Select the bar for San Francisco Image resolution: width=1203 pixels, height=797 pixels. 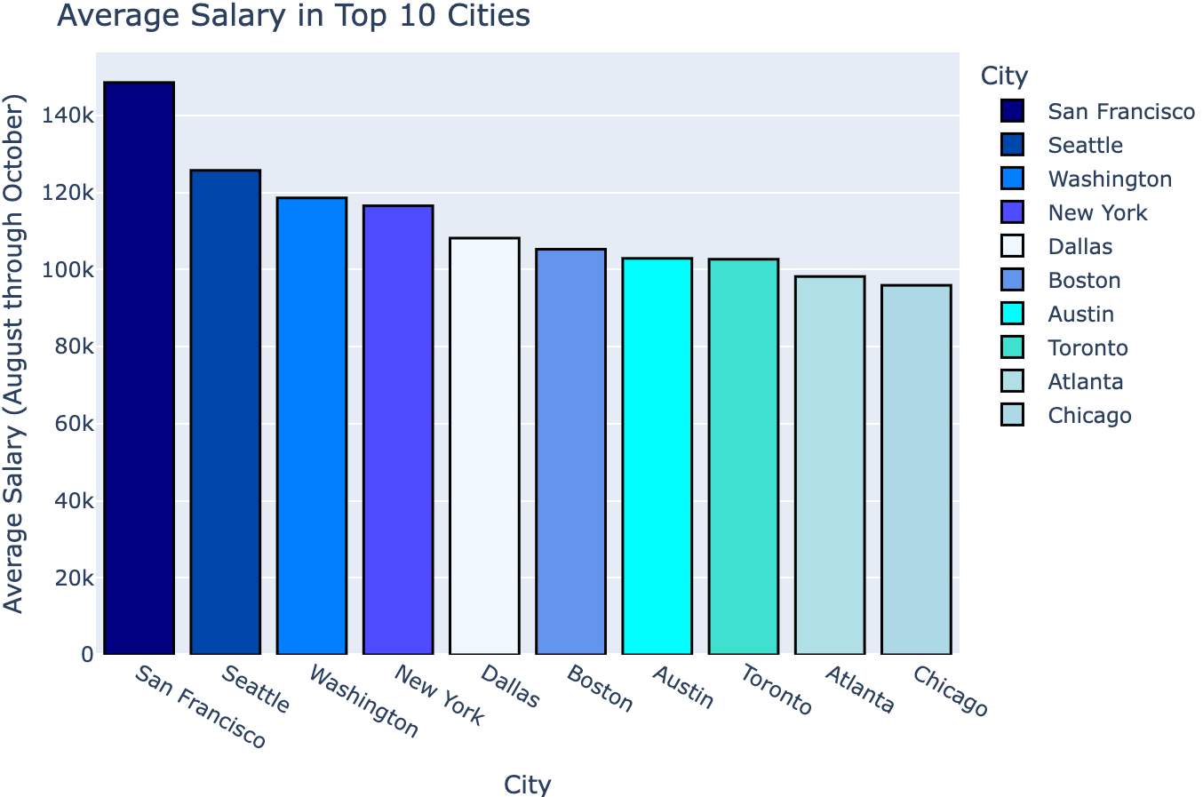[x=139, y=368]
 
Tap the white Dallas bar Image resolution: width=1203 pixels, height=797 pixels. [x=484, y=446]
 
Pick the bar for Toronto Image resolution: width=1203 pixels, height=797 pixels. [x=743, y=457]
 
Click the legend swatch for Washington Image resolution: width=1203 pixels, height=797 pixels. [x=1012, y=179]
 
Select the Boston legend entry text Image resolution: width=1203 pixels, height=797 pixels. [x=1084, y=281]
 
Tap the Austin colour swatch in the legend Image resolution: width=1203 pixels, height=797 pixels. [x=1012, y=314]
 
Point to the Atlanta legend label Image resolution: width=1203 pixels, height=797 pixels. [x=1085, y=382]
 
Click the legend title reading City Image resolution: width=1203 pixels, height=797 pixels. [x=1004, y=76]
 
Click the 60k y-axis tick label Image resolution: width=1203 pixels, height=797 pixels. [x=73, y=424]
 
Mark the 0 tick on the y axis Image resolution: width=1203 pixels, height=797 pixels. [x=86, y=655]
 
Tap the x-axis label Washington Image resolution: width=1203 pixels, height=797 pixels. [x=363, y=702]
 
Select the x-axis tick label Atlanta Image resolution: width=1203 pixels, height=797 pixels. [x=859, y=689]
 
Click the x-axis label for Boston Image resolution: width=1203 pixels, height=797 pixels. [x=600, y=689]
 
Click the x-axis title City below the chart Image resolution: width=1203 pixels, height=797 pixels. [x=527, y=785]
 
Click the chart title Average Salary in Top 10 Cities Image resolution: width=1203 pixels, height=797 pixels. [x=293, y=16]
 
